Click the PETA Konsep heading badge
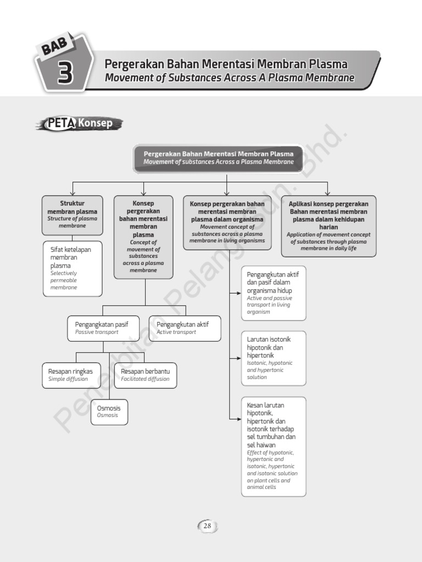(80, 123)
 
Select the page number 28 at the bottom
(207, 526)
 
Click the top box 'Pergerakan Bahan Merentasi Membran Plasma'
(218, 158)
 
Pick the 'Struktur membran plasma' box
(72, 215)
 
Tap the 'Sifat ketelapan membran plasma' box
(72, 268)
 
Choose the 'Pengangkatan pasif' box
(103, 328)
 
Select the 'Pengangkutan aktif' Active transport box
(185, 328)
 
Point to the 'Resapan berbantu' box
(145, 375)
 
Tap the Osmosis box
(109, 412)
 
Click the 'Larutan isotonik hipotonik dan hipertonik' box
(273, 358)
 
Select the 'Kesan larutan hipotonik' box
(273, 446)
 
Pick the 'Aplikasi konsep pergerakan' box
(329, 226)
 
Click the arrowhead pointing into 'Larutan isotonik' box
(238, 358)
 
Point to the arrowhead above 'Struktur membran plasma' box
(73, 193)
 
